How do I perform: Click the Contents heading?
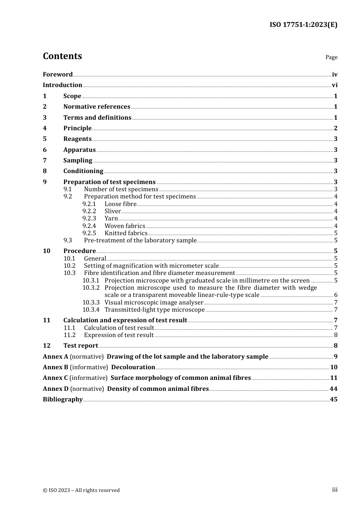[x=62, y=56]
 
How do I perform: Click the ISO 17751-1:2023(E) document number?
[x=303, y=25]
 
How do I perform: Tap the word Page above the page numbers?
[x=331, y=57]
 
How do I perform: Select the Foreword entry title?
[x=58, y=74]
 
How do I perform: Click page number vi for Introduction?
[x=335, y=85]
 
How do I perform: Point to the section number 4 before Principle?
[x=45, y=128]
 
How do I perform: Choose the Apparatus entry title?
[x=79, y=150]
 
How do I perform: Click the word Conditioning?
[x=83, y=171]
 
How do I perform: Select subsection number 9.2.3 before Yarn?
[x=89, y=219]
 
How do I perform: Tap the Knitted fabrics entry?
[x=126, y=233]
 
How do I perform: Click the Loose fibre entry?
[x=120, y=204]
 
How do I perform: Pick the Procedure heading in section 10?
[x=80, y=251]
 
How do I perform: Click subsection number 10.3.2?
[x=91, y=288]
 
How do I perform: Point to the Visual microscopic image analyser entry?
[x=154, y=303]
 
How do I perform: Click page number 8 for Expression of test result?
[x=336, y=335]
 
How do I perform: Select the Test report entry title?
[x=81, y=346]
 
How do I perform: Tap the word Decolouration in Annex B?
[x=133, y=367]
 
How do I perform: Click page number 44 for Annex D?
[x=333, y=389]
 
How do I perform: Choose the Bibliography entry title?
[x=63, y=400]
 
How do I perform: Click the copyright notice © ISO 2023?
[x=81, y=490]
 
